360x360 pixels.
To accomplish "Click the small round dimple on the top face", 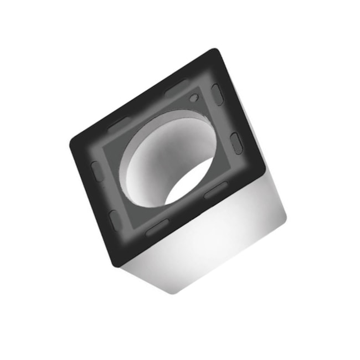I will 193,99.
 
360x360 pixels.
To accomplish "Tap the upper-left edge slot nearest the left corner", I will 119,124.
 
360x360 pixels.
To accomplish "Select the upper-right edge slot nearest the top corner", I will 218,95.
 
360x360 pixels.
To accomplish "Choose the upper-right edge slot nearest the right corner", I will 236,142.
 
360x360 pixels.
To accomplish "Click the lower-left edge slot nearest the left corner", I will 97,172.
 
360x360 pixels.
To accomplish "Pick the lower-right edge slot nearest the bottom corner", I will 157,227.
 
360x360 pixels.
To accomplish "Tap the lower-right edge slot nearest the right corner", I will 215,190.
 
